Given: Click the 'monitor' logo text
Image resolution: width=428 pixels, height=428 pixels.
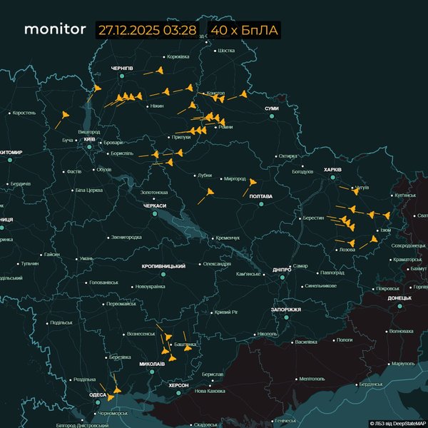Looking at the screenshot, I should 54,30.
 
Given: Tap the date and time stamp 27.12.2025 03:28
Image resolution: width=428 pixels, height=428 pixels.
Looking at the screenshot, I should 147,30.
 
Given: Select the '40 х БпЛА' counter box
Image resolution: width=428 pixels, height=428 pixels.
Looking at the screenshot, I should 244,30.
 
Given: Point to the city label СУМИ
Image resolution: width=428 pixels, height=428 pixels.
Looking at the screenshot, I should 272,108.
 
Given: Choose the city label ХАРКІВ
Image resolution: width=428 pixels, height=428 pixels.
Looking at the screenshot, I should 333,170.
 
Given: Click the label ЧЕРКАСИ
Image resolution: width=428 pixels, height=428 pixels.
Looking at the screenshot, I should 155,205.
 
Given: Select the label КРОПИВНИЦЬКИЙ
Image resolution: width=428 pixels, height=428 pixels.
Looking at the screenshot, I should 164,265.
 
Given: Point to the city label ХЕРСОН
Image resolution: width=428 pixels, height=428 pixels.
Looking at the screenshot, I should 178,384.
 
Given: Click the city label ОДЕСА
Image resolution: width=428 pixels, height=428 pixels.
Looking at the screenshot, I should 98,394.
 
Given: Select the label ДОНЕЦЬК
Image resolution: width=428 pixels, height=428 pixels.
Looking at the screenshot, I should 400,297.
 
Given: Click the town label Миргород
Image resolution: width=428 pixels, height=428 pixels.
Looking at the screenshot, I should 234,178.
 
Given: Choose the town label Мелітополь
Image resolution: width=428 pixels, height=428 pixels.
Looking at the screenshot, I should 312,379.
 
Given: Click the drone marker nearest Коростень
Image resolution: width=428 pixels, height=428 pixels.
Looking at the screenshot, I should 64,115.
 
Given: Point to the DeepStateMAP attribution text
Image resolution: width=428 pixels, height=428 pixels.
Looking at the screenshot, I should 397,423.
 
